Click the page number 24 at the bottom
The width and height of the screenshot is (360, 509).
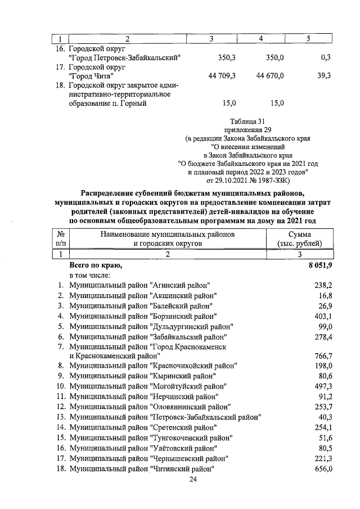pos(193,480)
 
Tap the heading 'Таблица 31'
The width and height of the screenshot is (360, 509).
pos(248,121)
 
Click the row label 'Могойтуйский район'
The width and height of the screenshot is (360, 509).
pos(147,386)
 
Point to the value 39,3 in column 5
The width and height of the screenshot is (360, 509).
pos(323,75)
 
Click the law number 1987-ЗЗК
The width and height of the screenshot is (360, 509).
pos(268,181)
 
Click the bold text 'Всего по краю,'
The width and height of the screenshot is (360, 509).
pos(94,265)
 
